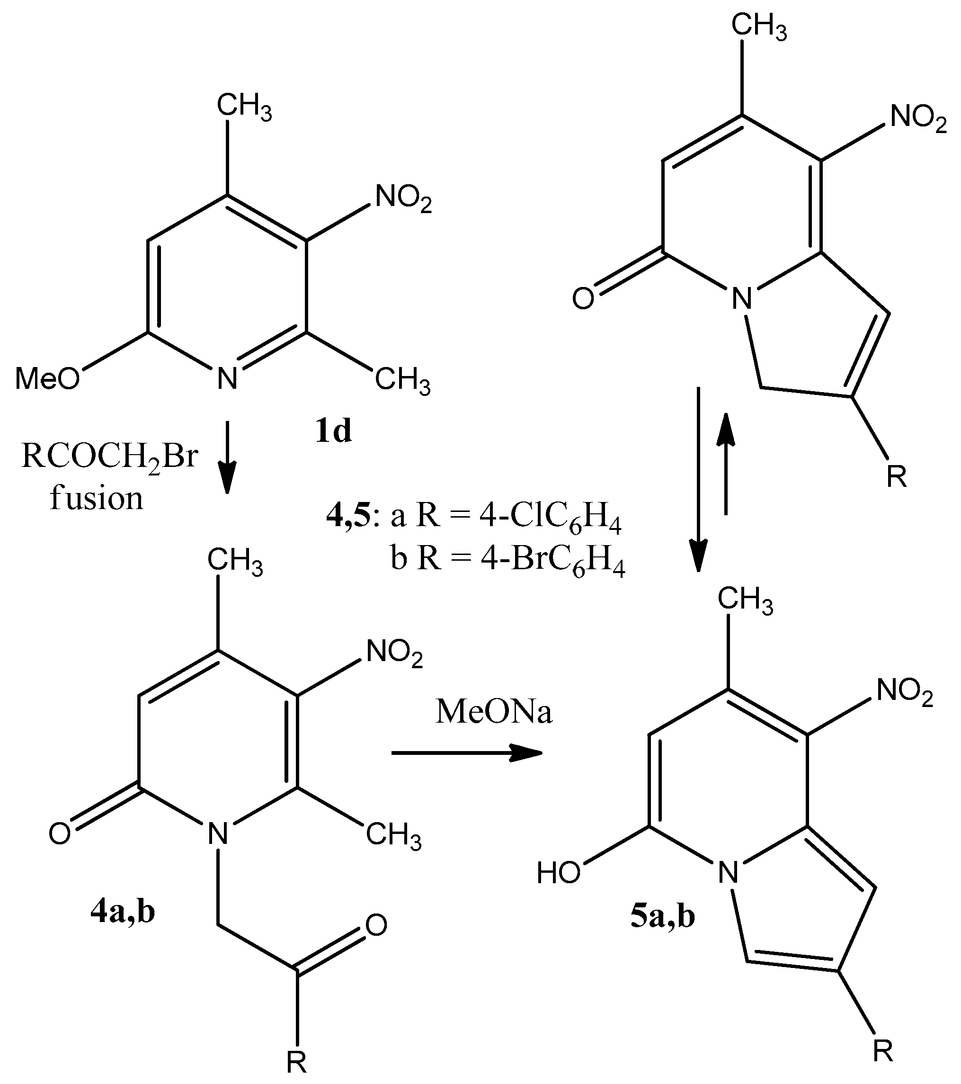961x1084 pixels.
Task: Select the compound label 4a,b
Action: click(123, 912)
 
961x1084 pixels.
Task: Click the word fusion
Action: click(97, 499)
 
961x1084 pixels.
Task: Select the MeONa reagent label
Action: click(493, 712)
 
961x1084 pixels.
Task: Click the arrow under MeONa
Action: click(467, 753)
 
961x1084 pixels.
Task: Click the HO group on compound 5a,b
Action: click(558, 872)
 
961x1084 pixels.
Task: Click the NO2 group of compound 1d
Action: click(403, 199)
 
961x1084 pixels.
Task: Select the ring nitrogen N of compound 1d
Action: click(227, 379)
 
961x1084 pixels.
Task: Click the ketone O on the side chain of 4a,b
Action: click(376, 925)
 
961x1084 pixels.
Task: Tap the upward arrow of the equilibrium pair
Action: click(725, 464)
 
